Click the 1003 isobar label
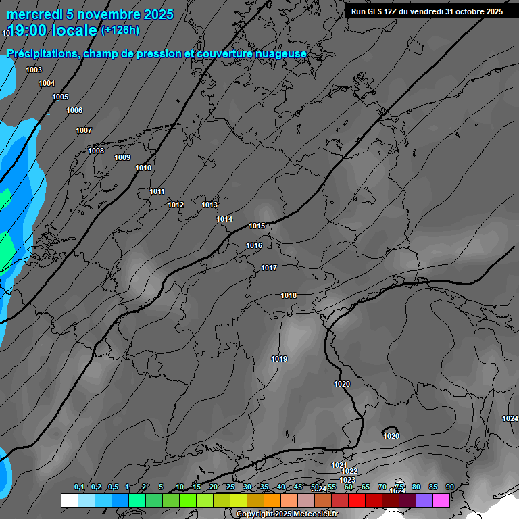point(34,70)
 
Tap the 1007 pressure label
point(84,130)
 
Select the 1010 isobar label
point(143,168)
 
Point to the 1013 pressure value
point(209,205)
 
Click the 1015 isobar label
point(257,226)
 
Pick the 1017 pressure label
point(269,268)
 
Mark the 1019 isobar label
point(279,359)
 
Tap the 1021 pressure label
point(339,465)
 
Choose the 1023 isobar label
point(347,480)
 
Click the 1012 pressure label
point(176,205)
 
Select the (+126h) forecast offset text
point(120,30)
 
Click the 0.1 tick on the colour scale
point(79,487)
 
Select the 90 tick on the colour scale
point(449,487)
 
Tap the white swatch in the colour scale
point(69,500)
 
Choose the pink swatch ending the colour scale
point(441,500)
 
